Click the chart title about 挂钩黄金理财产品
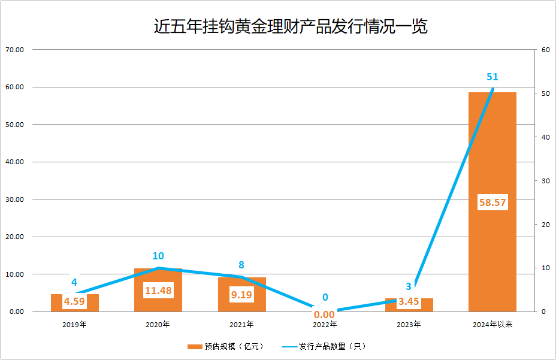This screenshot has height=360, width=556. pos(291,27)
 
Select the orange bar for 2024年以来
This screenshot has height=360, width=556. pos(492,150)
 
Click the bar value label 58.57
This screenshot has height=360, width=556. pos(492,202)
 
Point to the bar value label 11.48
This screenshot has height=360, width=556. pos(158,291)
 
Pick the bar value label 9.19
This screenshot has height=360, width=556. pos(242,294)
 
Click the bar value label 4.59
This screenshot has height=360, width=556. pos(74,301)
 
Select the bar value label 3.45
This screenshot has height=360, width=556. pos(409,301)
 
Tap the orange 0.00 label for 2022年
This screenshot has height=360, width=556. pos(324,314)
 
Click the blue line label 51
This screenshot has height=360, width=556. pos(492,77)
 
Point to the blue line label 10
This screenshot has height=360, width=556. pos(158,256)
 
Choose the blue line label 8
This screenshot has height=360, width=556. pos(241,265)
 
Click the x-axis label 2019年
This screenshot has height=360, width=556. pos(74,325)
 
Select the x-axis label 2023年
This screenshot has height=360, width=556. pos(409,325)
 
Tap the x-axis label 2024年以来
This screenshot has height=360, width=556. pos(492,325)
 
